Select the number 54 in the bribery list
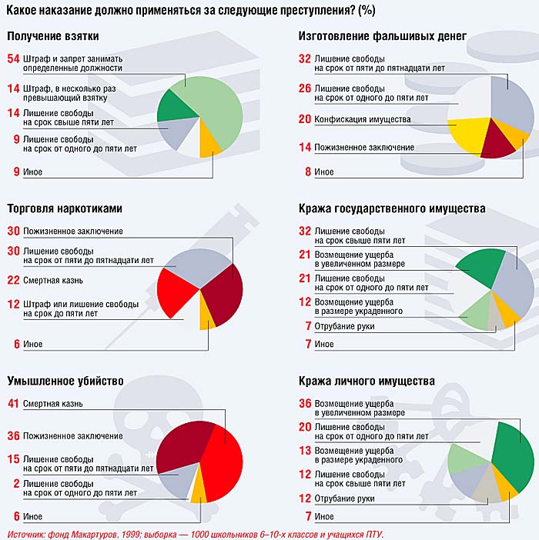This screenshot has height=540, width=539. click(x=12, y=58)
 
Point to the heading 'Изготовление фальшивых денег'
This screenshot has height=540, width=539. click(x=382, y=35)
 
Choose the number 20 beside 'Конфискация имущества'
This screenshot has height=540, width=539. click(x=304, y=119)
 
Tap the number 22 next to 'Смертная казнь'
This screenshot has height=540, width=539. click(x=12, y=279)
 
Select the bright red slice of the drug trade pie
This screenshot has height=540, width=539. click(x=176, y=291)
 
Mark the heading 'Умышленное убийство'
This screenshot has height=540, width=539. click(x=65, y=381)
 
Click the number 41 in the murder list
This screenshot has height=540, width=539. click(x=12, y=403)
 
